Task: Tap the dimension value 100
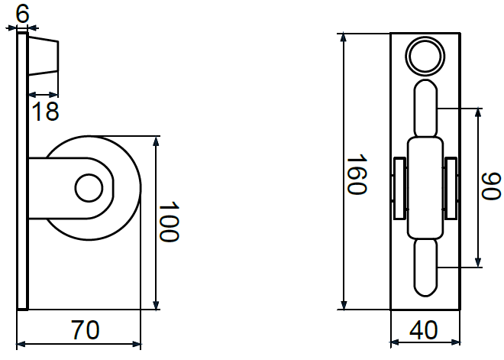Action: (x=169, y=222)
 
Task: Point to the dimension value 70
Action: (x=85, y=330)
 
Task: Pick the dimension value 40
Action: (x=424, y=330)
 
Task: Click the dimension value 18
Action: (x=46, y=112)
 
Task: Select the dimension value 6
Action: (x=21, y=11)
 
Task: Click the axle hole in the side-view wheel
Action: (x=89, y=187)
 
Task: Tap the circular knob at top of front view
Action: (x=425, y=55)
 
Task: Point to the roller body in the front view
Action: (x=425, y=187)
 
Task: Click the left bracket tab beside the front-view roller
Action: (x=399, y=187)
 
